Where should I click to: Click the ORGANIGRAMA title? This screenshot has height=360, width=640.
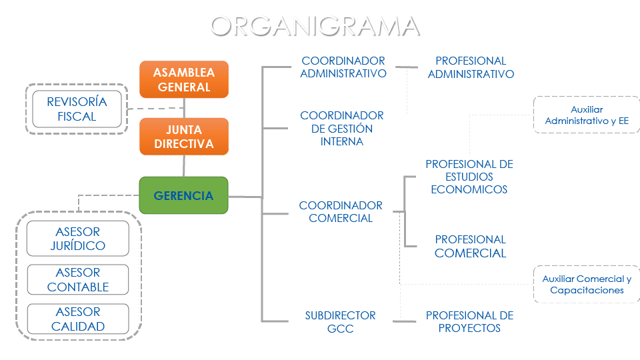(x=315, y=26)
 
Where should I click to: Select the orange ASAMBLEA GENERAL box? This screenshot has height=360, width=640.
(x=184, y=79)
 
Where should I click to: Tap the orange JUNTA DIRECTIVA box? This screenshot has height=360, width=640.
(x=184, y=137)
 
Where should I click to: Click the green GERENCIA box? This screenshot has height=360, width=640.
(x=183, y=195)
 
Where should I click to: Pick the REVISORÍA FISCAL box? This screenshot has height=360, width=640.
(x=77, y=109)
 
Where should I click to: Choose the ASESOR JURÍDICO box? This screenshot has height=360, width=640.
(x=77, y=239)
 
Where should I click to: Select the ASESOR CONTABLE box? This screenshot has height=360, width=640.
(x=77, y=280)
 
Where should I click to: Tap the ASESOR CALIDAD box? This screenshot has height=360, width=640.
(x=77, y=319)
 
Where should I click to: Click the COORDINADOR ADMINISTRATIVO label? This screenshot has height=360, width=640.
(x=343, y=67)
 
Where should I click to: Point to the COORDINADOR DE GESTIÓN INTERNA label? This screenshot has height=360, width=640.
(x=342, y=129)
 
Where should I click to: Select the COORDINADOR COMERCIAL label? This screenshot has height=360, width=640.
(x=341, y=212)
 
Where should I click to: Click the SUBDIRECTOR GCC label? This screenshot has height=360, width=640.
(x=341, y=321)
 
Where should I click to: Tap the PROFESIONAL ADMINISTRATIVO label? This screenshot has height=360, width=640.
(x=471, y=67)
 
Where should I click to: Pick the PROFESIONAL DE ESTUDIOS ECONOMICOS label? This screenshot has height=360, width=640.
(x=469, y=177)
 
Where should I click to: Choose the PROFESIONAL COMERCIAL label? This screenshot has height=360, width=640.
(x=471, y=246)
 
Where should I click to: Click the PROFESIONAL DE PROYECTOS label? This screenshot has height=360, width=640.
(x=469, y=321)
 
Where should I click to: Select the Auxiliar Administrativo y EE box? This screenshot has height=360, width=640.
(x=587, y=115)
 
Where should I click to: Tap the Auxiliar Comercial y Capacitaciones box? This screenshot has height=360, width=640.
(x=587, y=285)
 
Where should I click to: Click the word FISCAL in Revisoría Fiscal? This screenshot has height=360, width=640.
(x=77, y=117)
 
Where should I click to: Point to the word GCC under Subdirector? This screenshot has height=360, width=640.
(x=341, y=329)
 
